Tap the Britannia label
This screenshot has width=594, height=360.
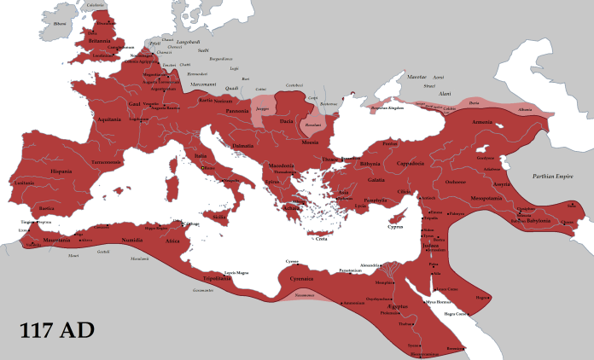click(93, 39)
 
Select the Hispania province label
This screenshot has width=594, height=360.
click(61, 171)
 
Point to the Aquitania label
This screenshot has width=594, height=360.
click(110, 120)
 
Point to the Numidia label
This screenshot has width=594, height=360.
click(132, 241)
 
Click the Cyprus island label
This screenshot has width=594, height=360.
click(395, 226)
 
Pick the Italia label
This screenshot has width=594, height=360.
click(201, 155)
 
